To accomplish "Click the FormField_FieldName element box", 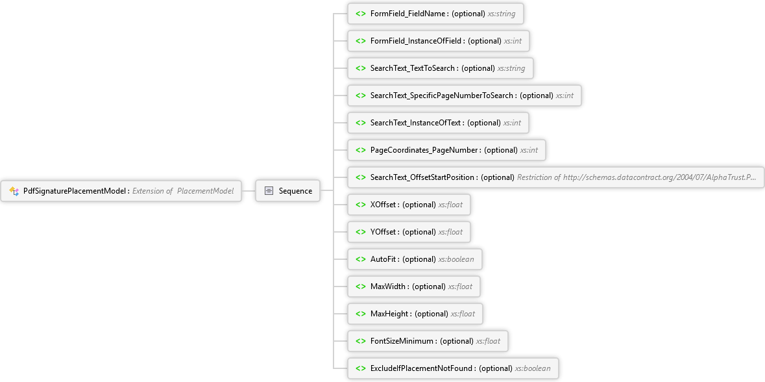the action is [435, 14].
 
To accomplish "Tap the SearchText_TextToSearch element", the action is [440, 68].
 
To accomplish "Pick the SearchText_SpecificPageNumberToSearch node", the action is [464, 96].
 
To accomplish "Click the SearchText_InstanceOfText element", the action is [437, 123].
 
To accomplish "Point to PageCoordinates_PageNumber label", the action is [426, 150].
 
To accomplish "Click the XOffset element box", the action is [409, 205].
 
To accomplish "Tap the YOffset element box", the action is [409, 232].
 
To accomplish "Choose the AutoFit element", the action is [415, 259].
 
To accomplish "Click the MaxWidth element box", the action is [414, 286].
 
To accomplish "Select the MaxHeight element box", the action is [415, 314].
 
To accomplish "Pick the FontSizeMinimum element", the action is [428, 342].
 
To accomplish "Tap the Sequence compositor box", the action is [288, 191].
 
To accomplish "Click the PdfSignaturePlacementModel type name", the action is [76, 191].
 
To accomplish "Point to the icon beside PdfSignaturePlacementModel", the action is [14, 191].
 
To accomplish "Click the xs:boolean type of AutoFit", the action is [456, 259].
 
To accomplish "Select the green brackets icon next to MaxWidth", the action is [361, 286].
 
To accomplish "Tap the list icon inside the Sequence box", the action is [269, 191].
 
